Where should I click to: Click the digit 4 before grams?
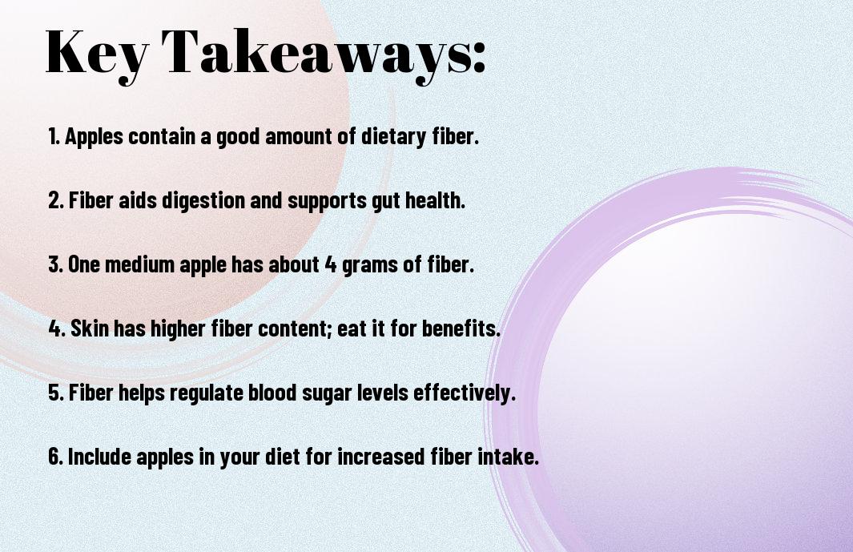331,265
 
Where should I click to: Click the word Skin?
89,328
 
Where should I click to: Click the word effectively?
465,393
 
